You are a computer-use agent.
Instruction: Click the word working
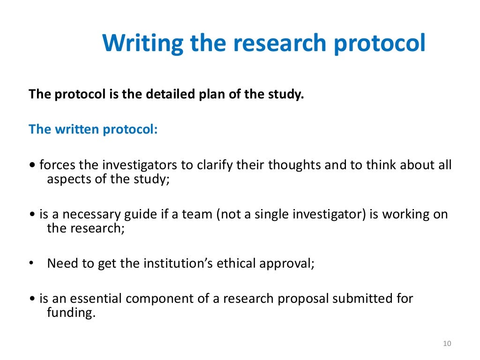405,214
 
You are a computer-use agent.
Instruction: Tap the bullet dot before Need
31,263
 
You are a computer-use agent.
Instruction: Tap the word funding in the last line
71,313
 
